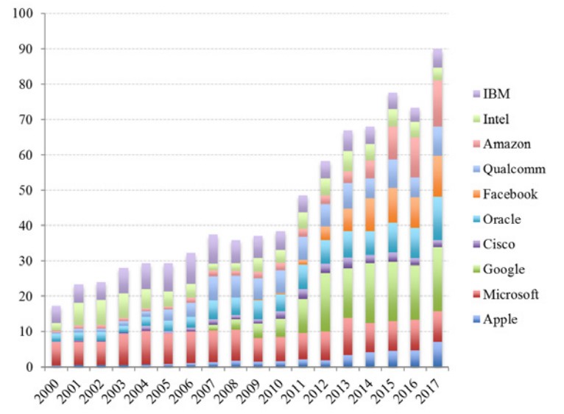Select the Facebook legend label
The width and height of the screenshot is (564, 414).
510,194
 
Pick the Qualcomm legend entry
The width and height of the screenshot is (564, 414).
514,169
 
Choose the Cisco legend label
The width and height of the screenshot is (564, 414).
500,245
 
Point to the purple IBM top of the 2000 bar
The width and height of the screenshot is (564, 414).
57,314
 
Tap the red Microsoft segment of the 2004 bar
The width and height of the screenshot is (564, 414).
147,346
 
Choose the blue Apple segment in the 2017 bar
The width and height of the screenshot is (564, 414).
437,354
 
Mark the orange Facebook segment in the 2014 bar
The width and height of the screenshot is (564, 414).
369,214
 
